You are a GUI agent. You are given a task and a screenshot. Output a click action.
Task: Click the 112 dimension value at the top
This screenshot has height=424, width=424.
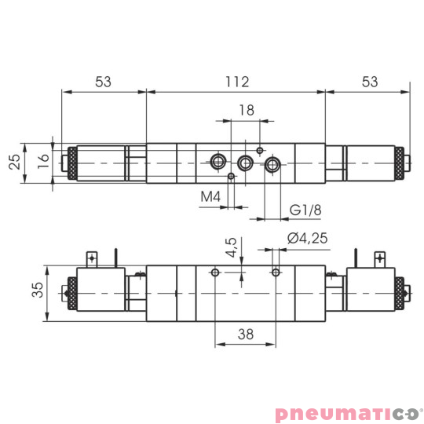click(236, 81)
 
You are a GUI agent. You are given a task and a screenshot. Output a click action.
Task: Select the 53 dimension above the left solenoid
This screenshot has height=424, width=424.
click(103, 81)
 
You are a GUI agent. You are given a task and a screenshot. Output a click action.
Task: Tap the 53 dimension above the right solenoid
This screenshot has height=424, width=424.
click(369, 81)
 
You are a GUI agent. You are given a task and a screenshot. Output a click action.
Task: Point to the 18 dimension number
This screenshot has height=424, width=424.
click(246, 111)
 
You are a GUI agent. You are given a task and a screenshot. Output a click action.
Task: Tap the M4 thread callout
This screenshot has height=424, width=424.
click(209, 196)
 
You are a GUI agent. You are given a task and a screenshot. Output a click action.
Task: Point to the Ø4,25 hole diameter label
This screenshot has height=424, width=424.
click(307, 239)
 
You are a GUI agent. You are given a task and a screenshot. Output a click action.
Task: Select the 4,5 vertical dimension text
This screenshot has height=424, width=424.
click(231, 248)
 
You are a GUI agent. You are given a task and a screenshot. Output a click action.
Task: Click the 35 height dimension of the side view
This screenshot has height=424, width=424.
click(35, 292)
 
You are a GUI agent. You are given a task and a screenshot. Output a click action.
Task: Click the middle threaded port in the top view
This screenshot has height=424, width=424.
click(246, 163)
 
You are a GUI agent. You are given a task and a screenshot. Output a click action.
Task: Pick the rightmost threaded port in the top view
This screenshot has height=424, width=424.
click(272, 164)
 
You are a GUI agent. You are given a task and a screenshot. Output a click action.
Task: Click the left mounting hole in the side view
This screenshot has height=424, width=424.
click(215, 272)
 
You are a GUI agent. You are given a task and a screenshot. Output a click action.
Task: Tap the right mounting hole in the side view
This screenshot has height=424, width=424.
click(275, 272)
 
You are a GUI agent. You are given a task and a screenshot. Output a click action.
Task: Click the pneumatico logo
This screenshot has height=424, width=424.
click(348, 411)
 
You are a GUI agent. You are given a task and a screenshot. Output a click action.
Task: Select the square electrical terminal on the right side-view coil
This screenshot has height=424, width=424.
click(382, 257)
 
